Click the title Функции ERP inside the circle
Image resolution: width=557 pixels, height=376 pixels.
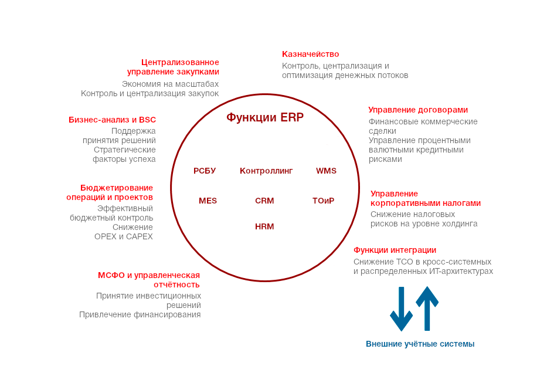click(265, 117)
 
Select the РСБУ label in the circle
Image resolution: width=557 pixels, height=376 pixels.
click(205, 171)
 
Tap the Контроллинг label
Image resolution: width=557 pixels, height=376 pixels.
click(266, 171)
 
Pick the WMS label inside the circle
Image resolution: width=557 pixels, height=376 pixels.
click(326, 171)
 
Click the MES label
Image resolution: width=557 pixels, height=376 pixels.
click(208, 201)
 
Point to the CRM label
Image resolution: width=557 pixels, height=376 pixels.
click(264, 201)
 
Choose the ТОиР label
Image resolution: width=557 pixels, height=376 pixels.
click(323, 201)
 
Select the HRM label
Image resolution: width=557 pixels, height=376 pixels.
click(264, 226)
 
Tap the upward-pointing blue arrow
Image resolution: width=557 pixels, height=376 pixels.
click(427, 307)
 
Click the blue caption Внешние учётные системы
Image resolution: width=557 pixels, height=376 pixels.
click(420, 344)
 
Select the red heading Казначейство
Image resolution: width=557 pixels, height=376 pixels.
click(310, 54)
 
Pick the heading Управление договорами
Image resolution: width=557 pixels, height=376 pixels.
click(418, 110)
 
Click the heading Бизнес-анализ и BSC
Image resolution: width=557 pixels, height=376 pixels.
click(112, 120)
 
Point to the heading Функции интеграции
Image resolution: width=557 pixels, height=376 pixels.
click(395, 250)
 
